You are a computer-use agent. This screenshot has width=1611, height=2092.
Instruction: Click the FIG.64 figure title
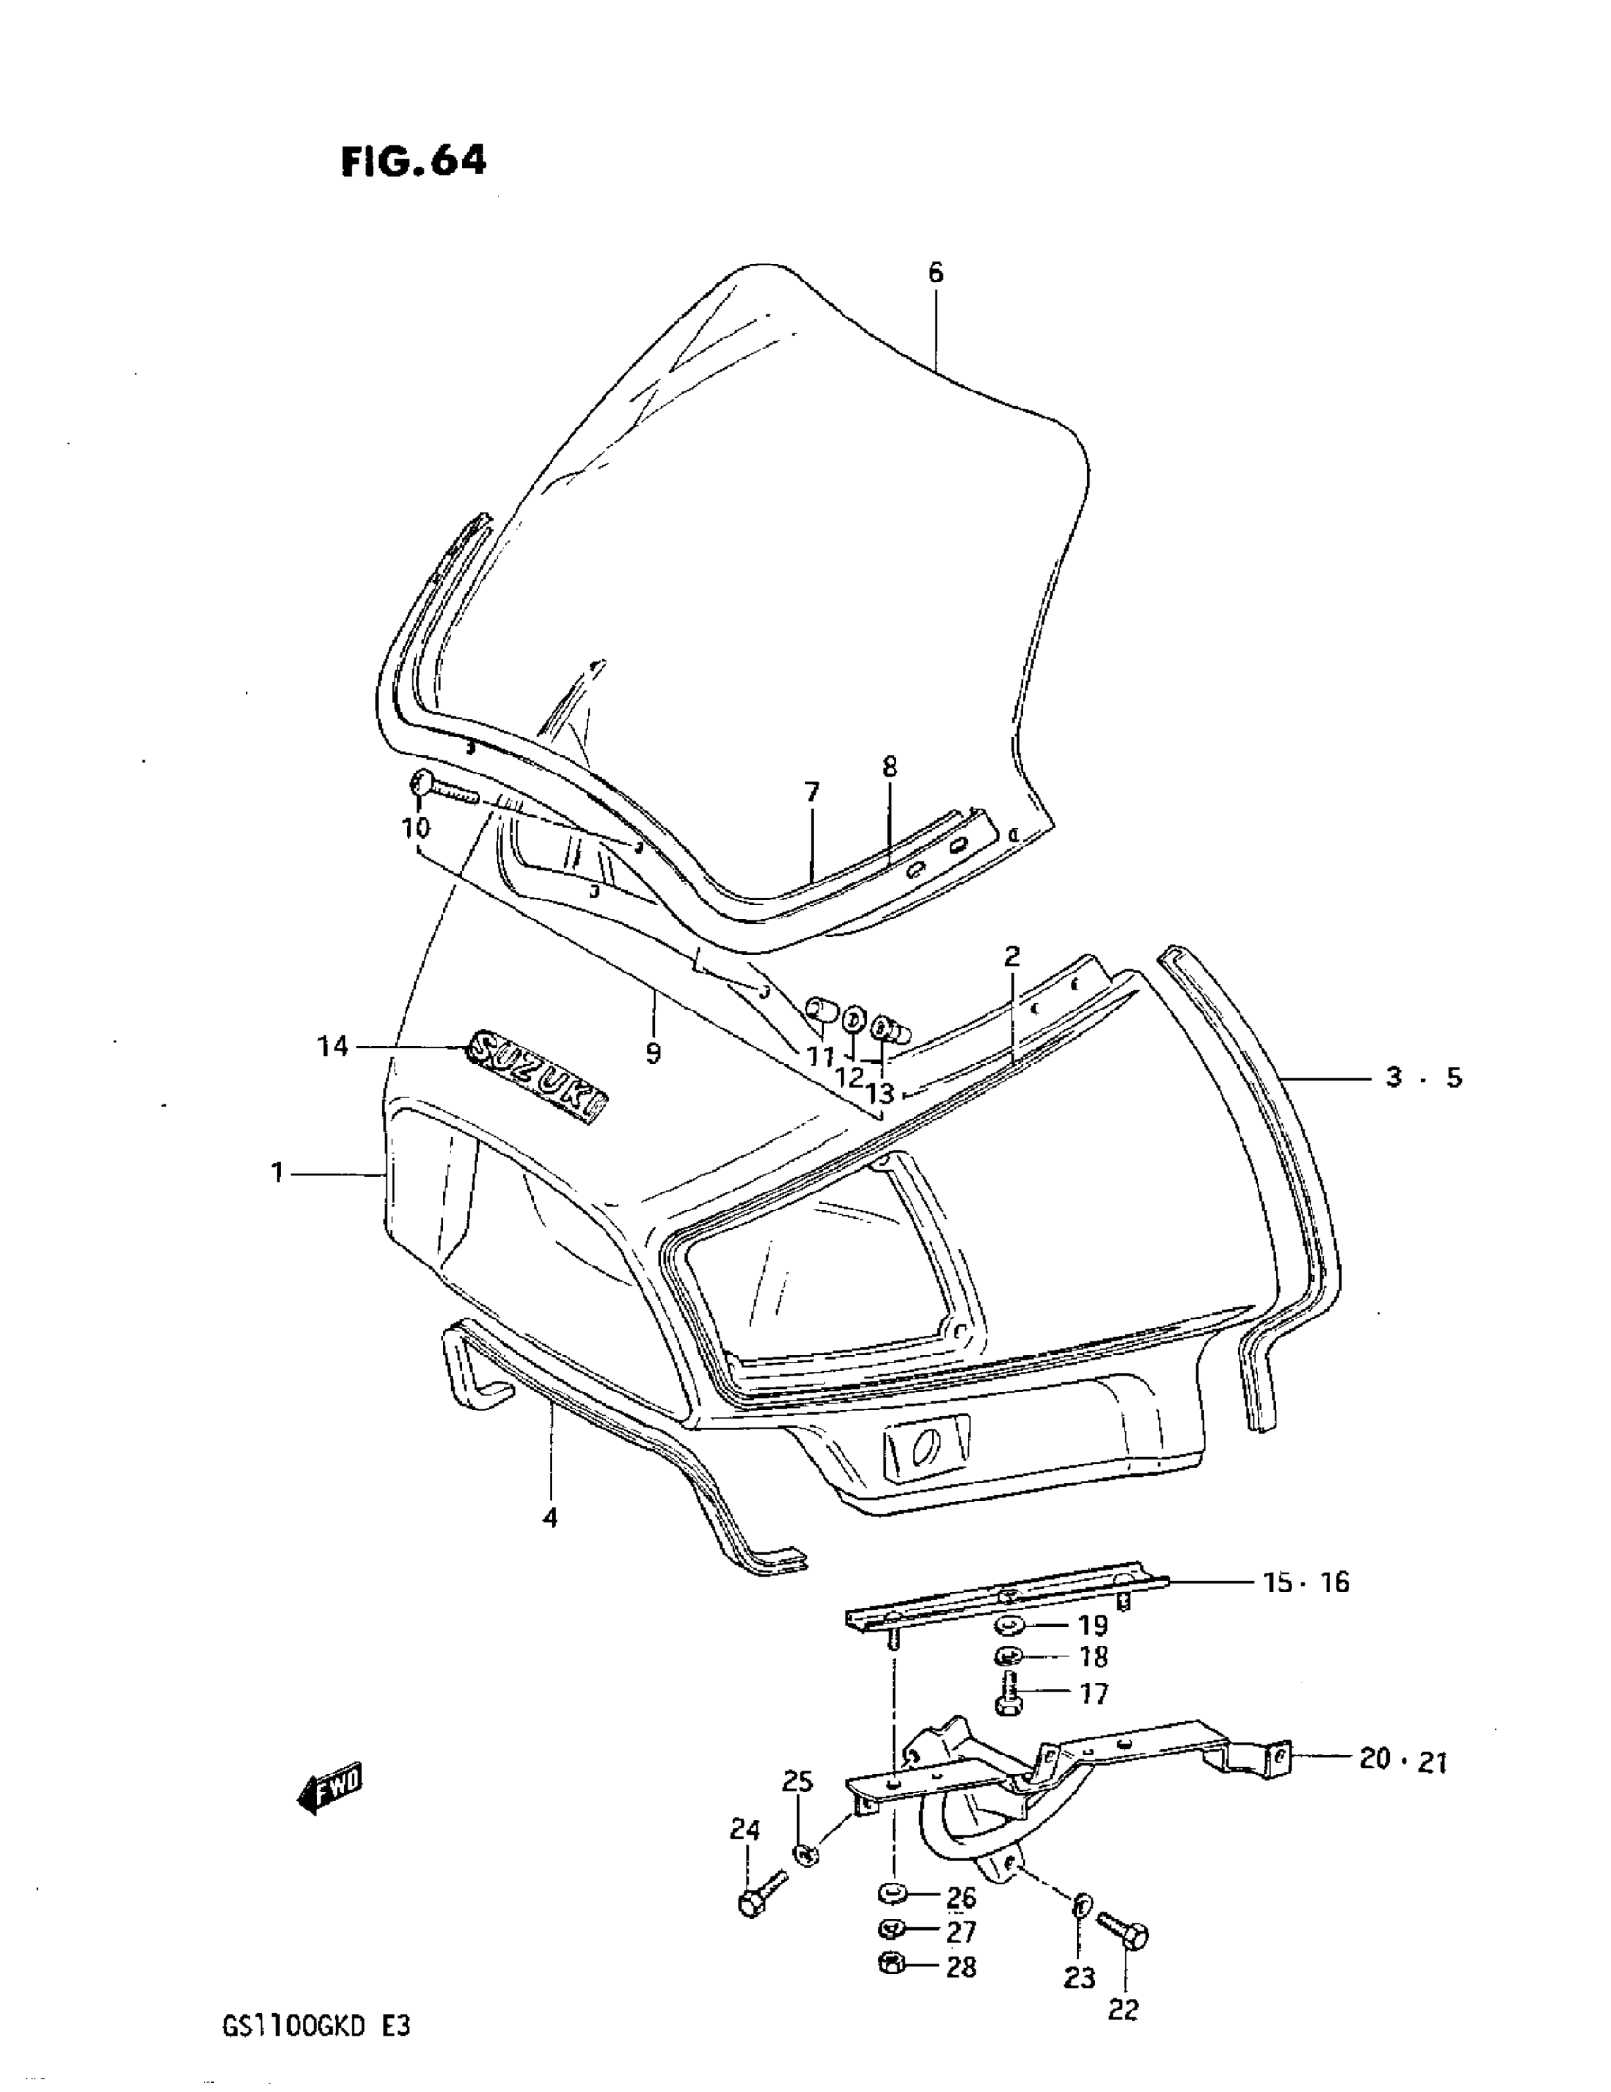(x=413, y=161)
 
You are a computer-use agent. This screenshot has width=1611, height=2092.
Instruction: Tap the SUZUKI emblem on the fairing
(x=536, y=1075)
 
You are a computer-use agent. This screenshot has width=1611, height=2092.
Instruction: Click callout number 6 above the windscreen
(x=934, y=273)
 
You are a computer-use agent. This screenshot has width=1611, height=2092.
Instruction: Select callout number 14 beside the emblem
(x=334, y=1047)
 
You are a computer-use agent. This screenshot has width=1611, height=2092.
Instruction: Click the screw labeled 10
(x=445, y=790)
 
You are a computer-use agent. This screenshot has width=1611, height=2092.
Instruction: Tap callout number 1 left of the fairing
(x=277, y=1172)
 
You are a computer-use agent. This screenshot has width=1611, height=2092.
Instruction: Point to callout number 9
(x=653, y=1053)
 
